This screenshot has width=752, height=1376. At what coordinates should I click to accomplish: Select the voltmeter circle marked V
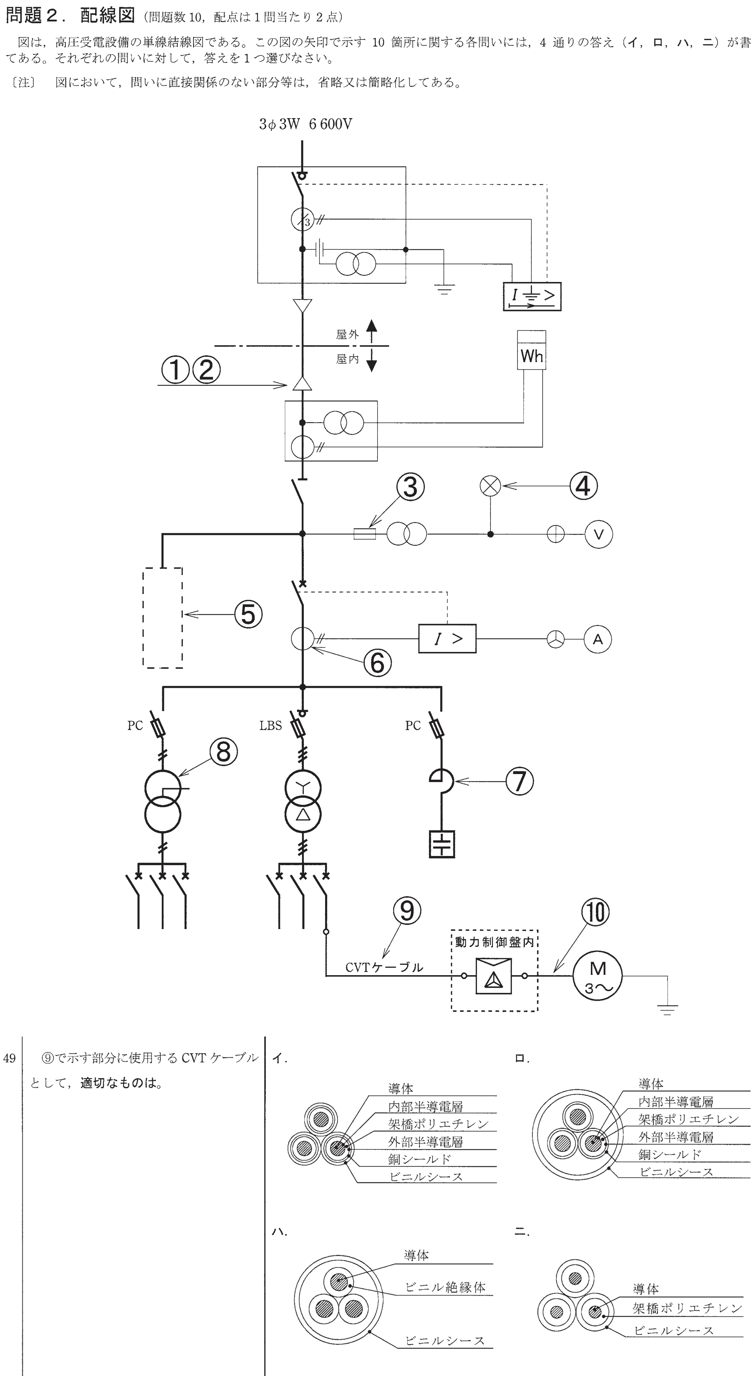[599, 534]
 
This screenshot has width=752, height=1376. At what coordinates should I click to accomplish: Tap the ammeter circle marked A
[598, 639]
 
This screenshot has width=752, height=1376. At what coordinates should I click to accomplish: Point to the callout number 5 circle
[248, 614]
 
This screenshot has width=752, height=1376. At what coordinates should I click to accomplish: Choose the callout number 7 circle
[520, 781]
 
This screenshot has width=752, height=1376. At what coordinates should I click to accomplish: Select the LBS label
[270, 725]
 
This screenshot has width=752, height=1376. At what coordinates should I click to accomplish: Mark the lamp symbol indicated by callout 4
[491, 486]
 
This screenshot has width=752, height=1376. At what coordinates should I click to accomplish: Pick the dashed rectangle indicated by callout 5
[163, 618]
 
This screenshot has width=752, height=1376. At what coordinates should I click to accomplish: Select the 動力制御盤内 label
[494, 942]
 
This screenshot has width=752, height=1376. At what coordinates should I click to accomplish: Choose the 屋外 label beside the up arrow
[347, 335]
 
